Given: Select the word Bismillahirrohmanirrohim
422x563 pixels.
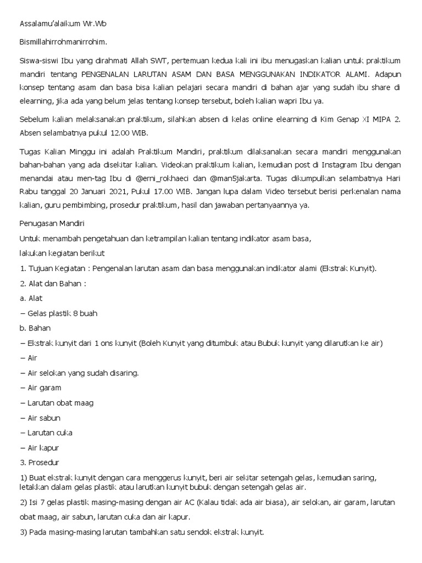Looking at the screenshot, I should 64,42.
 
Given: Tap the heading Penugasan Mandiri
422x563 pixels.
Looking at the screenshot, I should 53,224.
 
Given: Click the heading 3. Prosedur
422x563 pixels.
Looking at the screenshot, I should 39,462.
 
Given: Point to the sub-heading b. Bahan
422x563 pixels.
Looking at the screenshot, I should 35,328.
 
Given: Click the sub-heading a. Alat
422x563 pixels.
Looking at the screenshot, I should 31,299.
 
